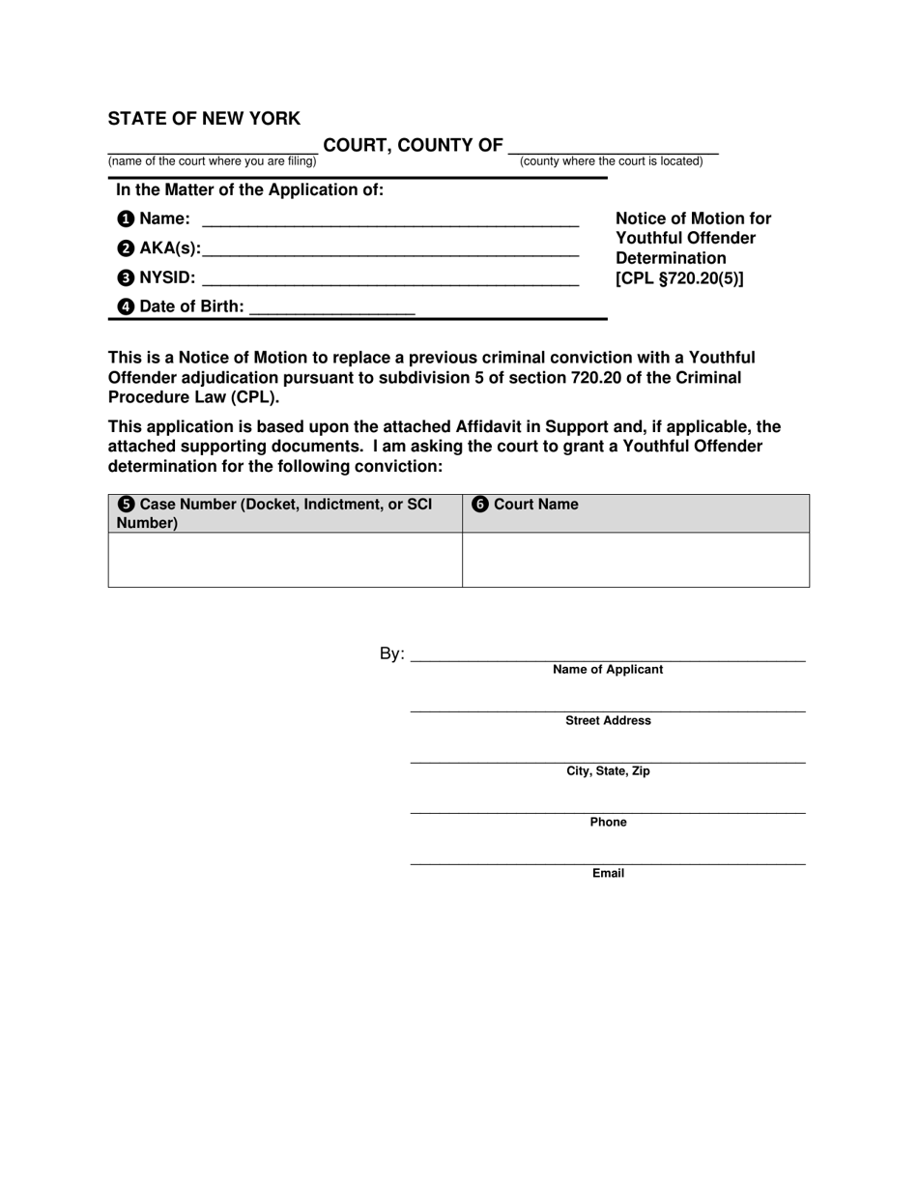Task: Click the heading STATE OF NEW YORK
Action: tap(204, 119)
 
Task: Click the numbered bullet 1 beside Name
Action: tap(126, 219)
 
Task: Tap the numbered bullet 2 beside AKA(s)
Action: tap(126, 248)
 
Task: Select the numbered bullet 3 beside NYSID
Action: tap(126, 278)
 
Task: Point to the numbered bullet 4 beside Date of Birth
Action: tap(126, 307)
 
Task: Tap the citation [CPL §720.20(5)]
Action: tap(679, 279)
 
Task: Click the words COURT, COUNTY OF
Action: tap(413, 146)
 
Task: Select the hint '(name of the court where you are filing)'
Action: tap(212, 161)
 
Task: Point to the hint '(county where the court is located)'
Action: tap(611, 161)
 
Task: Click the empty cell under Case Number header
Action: tap(285, 560)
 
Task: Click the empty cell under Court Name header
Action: tap(635, 560)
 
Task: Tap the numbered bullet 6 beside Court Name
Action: tap(480, 505)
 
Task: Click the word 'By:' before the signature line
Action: tap(392, 654)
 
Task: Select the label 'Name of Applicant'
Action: tap(608, 670)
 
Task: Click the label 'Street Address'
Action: tap(608, 721)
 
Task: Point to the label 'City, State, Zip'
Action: tap(608, 771)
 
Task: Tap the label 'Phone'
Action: tap(608, 823)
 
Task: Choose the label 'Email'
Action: tap(608, 874)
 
